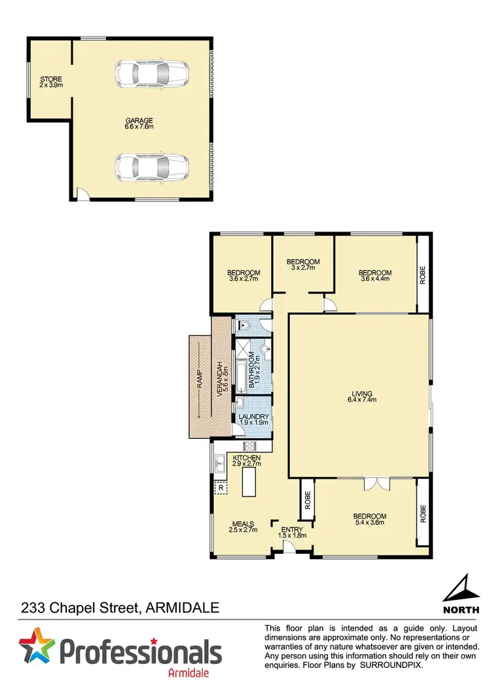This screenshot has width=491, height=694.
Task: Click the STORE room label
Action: pyautogui.click(x=50, y=82)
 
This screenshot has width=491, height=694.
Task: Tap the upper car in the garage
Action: pyautogui.click(x=152, y=74)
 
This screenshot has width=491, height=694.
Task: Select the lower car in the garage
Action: pyautogui.click(x=152, y=167)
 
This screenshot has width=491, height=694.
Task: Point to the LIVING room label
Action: pyautogui.click(x=360, y=396)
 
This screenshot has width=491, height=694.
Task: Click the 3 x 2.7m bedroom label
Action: pyautogui.click(x=303, y=264)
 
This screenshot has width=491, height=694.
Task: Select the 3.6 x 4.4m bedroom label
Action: pyautogui.click(x=375, y=275)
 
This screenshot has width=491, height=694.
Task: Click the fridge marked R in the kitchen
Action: pyautogui.click(x=220, y=487)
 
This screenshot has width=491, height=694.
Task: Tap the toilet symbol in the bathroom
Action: pyautogui.click(x=244, y=323)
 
